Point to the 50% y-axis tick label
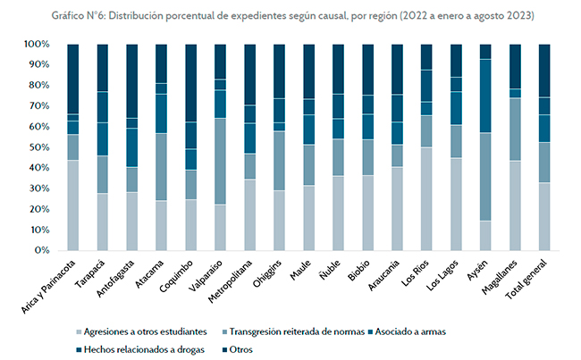pyautogui.click(x=38, y=147)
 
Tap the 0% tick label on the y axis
pyautogui.click(x=41, y=250)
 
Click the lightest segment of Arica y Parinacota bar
pyautogui.click(x=73, y=205)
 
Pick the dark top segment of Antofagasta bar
pyautogui.click(x=131, y=80)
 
